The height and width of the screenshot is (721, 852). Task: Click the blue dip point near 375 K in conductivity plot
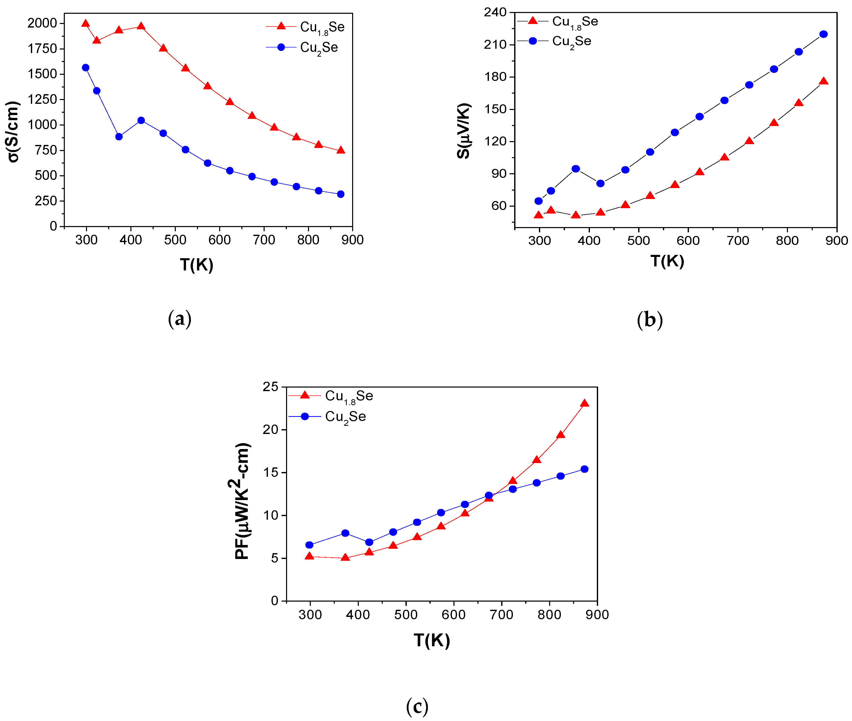coord(119,136)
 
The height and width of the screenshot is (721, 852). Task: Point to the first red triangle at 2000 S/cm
coord(85,23)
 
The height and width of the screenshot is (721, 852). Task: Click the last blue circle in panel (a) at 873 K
coord(341,194)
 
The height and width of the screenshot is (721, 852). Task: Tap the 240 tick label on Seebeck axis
coord(495,12)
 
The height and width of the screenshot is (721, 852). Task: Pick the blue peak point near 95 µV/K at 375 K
coord(576,169)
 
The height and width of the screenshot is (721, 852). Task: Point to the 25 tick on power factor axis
coord(270,387)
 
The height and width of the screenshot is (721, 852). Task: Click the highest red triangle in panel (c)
coord(585,403)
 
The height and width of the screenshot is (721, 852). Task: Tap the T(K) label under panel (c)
coord(432,640)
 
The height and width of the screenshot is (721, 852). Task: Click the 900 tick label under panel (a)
coord(352,240)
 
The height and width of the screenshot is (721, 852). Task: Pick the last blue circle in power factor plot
coord(585,469)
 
